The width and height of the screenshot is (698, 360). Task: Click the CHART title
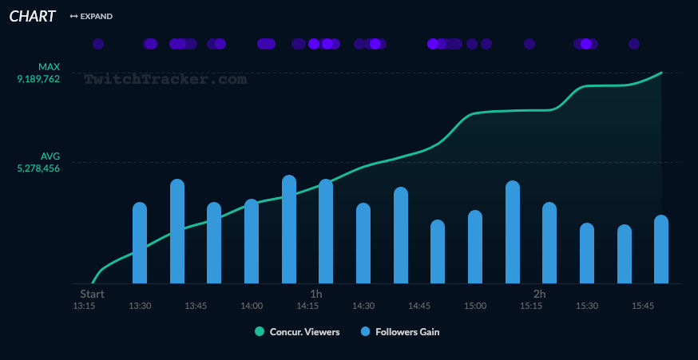[32, 16]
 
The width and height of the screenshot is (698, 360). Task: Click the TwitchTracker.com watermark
[165, 79]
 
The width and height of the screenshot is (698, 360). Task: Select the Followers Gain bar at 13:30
[140, 243]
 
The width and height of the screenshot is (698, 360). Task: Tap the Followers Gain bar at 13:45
[177, 231]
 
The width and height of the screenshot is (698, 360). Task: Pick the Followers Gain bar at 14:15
[289, 229]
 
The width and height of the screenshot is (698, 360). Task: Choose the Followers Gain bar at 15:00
[475, 247]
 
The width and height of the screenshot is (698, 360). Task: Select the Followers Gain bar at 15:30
[587, 253]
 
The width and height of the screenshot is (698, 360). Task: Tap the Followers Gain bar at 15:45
[625, 254]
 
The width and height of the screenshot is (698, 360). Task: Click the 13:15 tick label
[84, 306]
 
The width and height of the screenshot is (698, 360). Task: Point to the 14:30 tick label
[363, 306]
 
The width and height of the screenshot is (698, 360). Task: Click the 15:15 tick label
[531, 306]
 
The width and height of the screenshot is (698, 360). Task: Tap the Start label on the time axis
[93, 294]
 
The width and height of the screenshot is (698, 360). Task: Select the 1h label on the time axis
[316, 294]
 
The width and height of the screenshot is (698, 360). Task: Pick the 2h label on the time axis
[540, 294]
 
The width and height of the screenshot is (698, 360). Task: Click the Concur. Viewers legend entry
[297, 332]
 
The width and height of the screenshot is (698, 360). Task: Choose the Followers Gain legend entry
[400, 332]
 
